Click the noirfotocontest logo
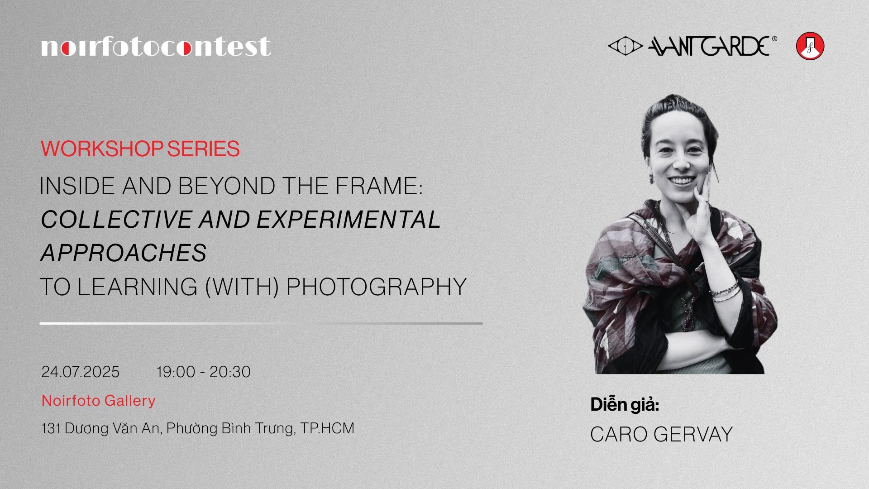click(x=156, y=47)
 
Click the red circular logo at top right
click(x=810, y=46)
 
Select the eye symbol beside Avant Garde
click(x=625, y=46)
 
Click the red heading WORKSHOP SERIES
click(x=140, y=149)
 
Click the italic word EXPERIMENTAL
click(x=349, y=219)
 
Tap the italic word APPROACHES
click(x=124, y=253)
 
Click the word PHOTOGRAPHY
click(x=376, y=287)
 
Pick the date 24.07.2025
click(x=81, y=372)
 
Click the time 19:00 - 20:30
click(x=204, y=372)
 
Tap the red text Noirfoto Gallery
click(x=99, y=400)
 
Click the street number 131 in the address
click(x=51, y=428)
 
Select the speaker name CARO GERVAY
click(x=661, y=434)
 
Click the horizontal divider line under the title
click(x=261, y=323)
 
